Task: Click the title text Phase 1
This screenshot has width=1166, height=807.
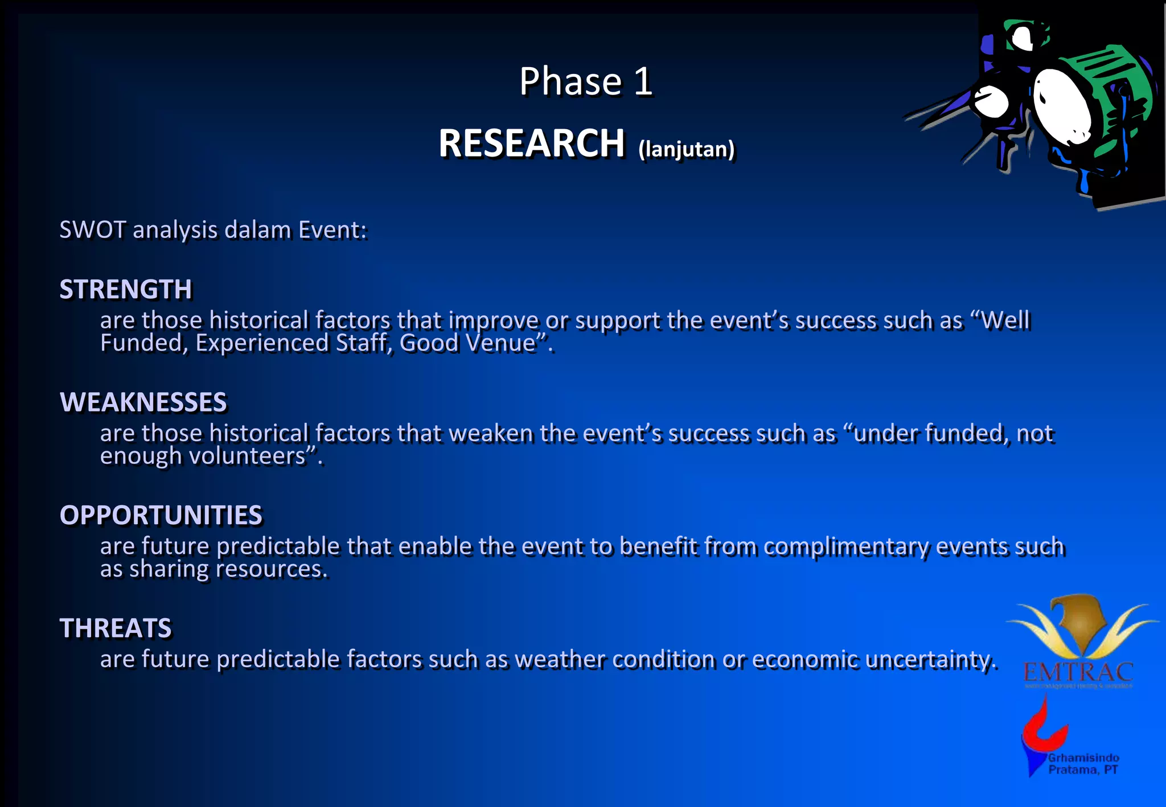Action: pos(585,81)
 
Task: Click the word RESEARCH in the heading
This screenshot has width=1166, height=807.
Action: pos(531,143)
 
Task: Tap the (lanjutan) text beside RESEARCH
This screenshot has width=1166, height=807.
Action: pos(686,149)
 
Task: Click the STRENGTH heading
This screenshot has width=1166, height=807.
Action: pos(126,289)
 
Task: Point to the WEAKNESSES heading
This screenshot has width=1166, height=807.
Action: pos(143,402)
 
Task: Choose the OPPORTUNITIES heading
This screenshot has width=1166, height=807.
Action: pos(161,515)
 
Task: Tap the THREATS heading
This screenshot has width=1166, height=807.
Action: pos(116,628)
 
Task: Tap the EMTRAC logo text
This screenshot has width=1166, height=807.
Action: pos(1078,673)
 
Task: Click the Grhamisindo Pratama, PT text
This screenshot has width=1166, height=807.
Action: pos(1083,764)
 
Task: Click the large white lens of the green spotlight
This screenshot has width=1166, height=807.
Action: pos(1062,105)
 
